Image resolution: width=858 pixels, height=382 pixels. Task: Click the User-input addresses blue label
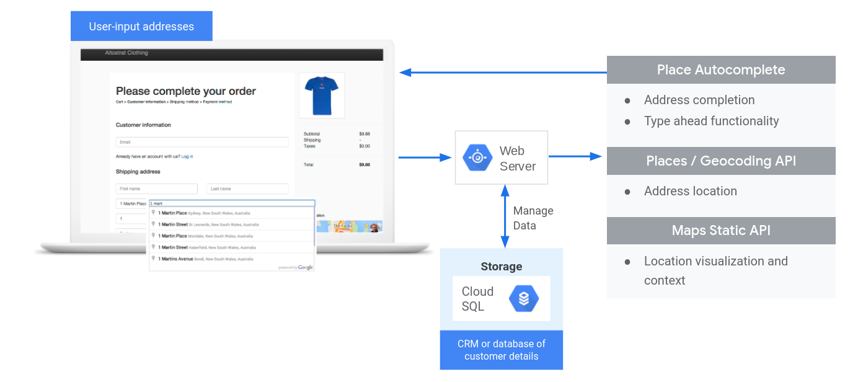[141, 26]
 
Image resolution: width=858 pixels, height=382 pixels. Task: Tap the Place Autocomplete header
[720, 69]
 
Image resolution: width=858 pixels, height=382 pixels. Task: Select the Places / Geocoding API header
[720, 161]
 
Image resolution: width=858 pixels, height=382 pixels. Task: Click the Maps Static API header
[720, 231]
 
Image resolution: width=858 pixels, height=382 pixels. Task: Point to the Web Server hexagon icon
[477, 158]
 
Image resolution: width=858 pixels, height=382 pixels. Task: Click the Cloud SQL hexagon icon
[524, 299]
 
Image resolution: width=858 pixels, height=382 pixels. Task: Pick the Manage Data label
[533, 218]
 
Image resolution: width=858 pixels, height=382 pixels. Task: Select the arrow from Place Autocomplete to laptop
[502, 73]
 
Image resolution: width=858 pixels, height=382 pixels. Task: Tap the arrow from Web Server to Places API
[575, 156]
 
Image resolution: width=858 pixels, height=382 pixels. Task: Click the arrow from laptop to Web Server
[425, 158]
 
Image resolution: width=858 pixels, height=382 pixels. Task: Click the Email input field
[202, 142]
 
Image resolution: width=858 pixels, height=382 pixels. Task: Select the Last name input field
[247, 189]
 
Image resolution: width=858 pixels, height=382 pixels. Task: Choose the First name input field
[156, 189]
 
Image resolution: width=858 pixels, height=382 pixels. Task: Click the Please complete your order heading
[186, 91]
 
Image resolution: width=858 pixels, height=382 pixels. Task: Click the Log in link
[187, 156]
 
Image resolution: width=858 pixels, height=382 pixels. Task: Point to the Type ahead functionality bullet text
[711, 121]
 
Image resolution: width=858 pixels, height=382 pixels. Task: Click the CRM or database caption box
[501, 350]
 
